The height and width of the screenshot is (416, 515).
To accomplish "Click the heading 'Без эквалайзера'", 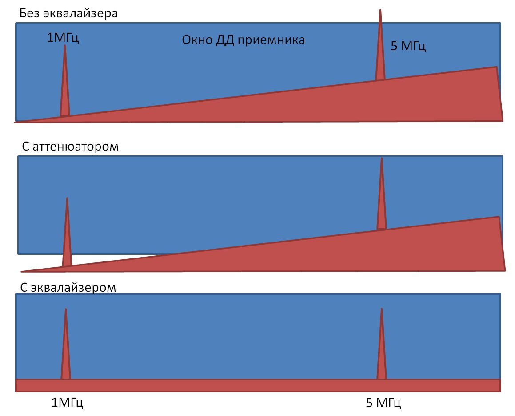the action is point(68,14).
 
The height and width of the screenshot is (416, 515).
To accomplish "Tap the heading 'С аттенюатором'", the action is point(70,147).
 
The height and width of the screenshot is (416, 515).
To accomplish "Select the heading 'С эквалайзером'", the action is point(68,287).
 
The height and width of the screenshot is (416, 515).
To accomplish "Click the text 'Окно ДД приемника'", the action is point(244,40).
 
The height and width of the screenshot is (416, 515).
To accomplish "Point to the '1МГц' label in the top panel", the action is point(63,38).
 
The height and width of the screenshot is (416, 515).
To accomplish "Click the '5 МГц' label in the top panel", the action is point(408,46).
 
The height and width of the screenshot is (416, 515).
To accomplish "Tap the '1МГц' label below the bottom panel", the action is point(68,402).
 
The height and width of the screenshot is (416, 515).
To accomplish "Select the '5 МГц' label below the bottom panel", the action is point(383,403).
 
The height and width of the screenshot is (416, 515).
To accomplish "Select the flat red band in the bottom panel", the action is point(258,385).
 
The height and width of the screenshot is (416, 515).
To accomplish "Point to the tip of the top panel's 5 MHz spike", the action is point(380,9).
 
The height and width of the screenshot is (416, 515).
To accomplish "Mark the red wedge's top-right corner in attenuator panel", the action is point(499,217).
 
